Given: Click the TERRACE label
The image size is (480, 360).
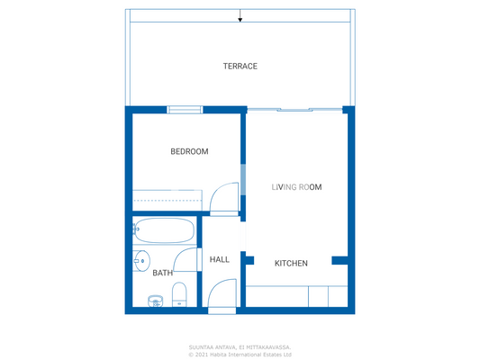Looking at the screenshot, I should click(240, 67).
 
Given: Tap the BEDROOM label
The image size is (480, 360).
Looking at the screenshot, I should click(189, 151).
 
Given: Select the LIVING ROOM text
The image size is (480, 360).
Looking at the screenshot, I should click(296, 187).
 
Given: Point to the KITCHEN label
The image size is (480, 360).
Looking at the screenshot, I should click(291, 264).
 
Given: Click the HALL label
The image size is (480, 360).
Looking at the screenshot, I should click(219, 259).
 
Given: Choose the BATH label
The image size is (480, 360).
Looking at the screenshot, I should click(162, 273).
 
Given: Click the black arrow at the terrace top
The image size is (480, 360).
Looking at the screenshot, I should click(240, 17).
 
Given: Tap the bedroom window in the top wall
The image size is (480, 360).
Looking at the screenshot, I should click(185, 110).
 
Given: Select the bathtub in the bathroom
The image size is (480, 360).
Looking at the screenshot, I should click(164, 231).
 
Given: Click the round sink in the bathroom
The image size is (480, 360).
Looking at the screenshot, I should click(140, 261).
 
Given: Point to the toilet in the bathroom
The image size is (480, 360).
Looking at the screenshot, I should click(178, 294).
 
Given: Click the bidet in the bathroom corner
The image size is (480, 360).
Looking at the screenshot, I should click(154, 300).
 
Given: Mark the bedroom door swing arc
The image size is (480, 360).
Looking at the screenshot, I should click(222, 198).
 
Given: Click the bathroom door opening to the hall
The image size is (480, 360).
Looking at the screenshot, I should click(187, 260).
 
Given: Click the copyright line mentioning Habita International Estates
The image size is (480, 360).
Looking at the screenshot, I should click(240, 355).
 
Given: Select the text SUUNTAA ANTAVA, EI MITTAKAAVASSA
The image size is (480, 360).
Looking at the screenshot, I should click(240, 346).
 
